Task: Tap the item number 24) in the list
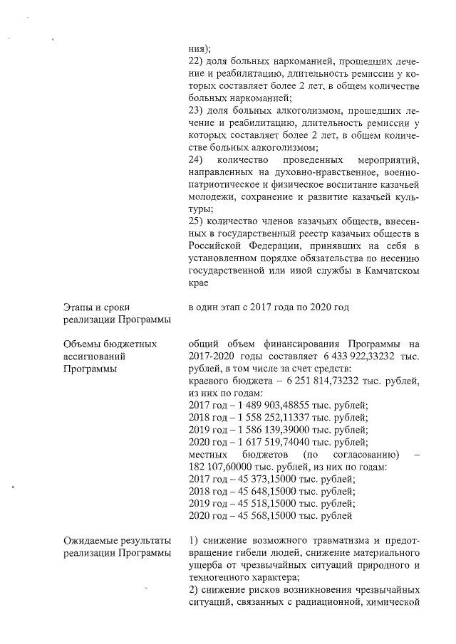point(197,160)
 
